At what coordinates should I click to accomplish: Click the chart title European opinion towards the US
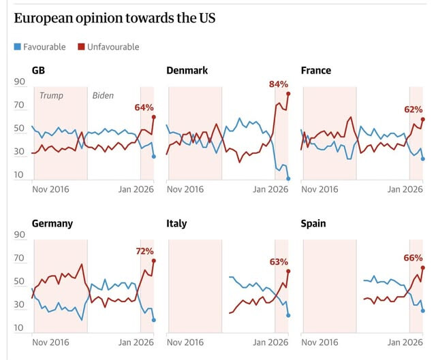click(114, 18)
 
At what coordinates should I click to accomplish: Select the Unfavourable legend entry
click(112, 47)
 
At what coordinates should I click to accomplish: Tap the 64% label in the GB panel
click(144, 107)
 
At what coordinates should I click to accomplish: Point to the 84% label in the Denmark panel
click(279, 84)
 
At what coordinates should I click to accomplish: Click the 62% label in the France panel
click(414, 109)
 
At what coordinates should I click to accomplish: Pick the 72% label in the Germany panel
click(144, 251)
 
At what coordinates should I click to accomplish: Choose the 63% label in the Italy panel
click(279, 261)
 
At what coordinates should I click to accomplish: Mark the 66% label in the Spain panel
click(414, 258)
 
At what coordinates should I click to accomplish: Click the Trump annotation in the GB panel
click(51, 96)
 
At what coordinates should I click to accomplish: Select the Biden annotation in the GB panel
click(103, 96)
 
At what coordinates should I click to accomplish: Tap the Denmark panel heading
click(187, 71)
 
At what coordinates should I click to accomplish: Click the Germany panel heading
click(52, 223)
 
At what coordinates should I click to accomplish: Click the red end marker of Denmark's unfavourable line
click(288, 93)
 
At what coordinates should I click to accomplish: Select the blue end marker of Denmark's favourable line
click(288, 178)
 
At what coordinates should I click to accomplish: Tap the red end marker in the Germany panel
click(154, 261)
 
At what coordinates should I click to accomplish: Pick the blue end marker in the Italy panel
click(288, 315)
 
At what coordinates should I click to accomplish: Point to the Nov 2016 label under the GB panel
click(51, 190)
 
